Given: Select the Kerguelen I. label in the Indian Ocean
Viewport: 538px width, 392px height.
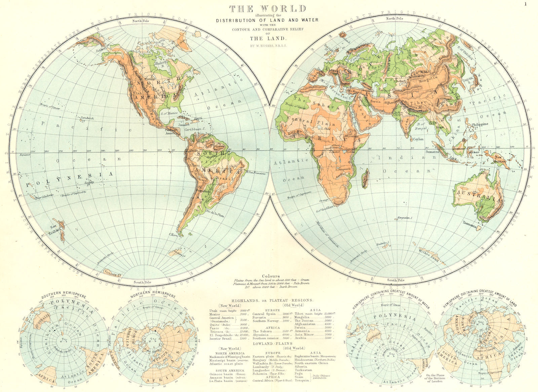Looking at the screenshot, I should coord(405,218).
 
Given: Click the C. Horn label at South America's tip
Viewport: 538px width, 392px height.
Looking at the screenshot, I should coord(173,235).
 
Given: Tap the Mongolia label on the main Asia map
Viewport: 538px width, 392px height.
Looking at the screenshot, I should coord(428,81).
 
